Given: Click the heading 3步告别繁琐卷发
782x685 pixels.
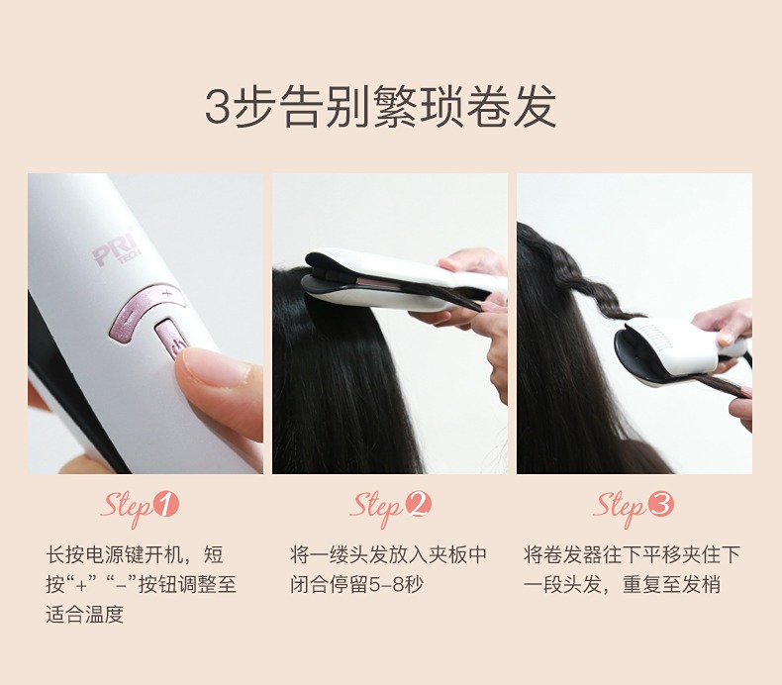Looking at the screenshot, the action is click(380, 107).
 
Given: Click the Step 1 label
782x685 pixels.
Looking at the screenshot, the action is click(140, 507).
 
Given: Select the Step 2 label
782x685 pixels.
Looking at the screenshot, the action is click(390, 507).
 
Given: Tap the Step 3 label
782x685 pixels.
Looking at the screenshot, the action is click(634, 507).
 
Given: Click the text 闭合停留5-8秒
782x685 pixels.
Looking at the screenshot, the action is click(356, 584).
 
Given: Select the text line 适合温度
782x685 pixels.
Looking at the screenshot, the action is click(84, 614).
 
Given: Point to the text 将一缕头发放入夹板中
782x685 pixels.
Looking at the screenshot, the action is click(388, 554).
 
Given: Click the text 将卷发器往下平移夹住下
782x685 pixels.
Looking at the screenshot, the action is click(632, 554).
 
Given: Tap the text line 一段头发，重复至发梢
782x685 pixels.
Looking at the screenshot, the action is click(622, 584).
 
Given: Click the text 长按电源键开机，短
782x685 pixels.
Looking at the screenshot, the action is click(135, 554).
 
